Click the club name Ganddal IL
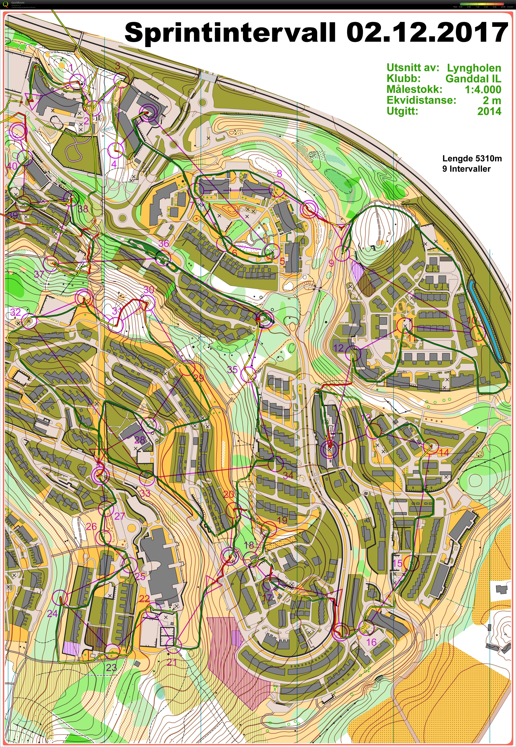coord(473,79)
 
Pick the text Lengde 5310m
coord(472,158)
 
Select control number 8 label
coord(279,174)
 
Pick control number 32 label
coord(16,312)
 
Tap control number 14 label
coord(443,452)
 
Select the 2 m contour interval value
coord(492,100)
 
